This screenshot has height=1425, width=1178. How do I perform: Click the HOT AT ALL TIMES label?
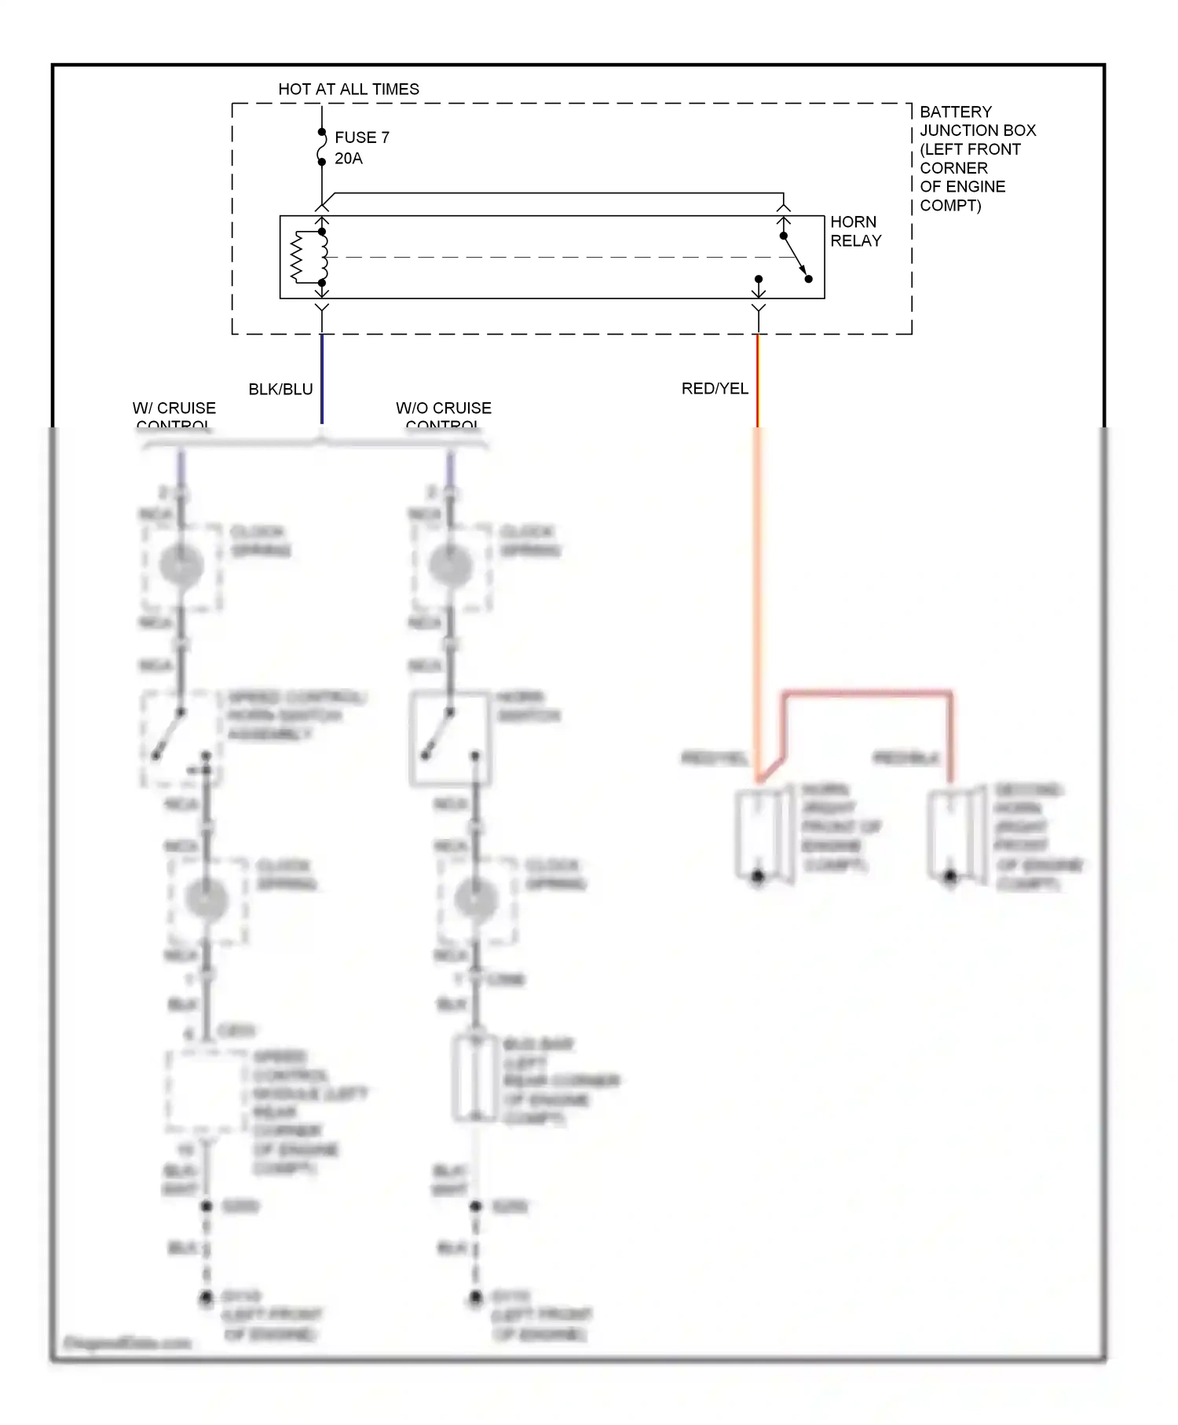point(349,90)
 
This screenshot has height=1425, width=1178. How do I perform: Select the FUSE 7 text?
point(362,137)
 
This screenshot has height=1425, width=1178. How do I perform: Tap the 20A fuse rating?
point(349,159)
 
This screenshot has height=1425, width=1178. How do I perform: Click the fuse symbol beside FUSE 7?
point(321,147)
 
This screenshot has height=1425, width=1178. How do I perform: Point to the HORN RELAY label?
point(855,231)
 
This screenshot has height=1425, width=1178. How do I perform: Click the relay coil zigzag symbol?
point(298,257)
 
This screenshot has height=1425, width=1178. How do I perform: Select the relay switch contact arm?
point(795,256)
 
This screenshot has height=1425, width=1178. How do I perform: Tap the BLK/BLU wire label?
point(280,390)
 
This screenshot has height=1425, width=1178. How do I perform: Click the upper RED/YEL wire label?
point(715,389)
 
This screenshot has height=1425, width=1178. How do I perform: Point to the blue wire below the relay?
point(322,377)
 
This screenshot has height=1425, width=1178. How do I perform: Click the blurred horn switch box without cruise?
point(451,738)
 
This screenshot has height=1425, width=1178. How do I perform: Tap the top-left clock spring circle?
point(181,565)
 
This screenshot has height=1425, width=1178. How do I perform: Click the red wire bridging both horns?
point(867,694)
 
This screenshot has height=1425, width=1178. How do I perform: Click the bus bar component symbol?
point(475,1078)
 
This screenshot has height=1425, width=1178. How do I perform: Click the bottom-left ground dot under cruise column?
point(206,1297)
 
